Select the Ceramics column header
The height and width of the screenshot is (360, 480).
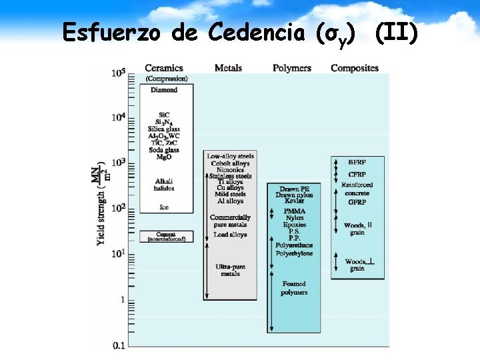pos(164,68)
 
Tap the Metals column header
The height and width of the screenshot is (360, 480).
pos(228,68)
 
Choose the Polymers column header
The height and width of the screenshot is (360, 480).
pos(292,68)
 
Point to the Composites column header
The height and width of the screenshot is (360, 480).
pos(355,68)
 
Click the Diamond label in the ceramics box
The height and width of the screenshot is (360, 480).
pos(164,89)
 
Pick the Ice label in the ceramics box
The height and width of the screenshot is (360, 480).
pos(164,207)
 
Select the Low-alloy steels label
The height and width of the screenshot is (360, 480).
pos(231,156)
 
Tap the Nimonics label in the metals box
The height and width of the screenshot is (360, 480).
pos(231,170)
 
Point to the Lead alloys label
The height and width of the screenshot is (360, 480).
pos(231,235)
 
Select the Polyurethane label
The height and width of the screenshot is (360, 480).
pos(294,245)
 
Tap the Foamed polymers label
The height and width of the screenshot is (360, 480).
pos(294,288)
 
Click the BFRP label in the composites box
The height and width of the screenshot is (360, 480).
pos(357,162)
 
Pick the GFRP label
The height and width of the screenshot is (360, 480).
pos(357,202)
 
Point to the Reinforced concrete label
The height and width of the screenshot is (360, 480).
pos(357,189)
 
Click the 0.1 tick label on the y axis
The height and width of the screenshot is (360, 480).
pos(118,345)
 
